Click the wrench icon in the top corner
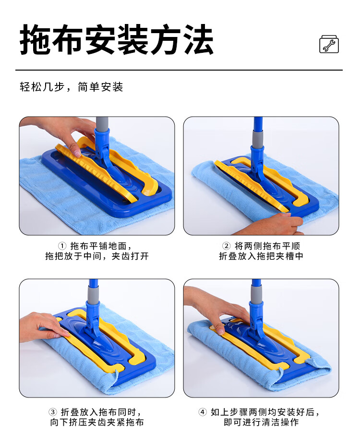point(329,44)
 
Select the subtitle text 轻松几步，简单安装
point(72,87)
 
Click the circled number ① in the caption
point(62,246)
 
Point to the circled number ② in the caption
point(226,246)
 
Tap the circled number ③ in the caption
point(53,412)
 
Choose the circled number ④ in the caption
point(203,412)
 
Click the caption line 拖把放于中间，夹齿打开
point(97,256)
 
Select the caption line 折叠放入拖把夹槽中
point(261,256)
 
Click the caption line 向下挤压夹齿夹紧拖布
point(97,422)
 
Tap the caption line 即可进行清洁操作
point(261,422)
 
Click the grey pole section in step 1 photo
point(102,124)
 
